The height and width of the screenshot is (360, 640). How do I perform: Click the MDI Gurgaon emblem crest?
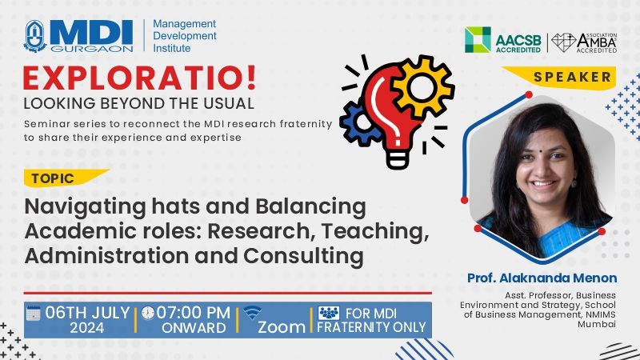click(x=35, y=36)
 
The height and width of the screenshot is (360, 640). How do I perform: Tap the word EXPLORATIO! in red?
click(x=139, y=78)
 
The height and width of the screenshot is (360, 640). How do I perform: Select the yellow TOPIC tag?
click(x=66, y=178)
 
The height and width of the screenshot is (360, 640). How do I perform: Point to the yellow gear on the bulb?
click(x=422, y=87)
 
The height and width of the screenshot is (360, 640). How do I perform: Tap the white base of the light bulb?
click(x=398, y=158)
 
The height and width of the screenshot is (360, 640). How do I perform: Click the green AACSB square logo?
click(x=478, y=39)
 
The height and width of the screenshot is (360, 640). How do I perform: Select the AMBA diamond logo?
click(x=564, y=42)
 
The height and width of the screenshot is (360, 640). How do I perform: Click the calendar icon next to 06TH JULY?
click(x=33, y=313)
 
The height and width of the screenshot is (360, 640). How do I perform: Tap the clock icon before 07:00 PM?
click(x=148, y=313)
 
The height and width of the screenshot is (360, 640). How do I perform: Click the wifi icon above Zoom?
click(x=253, y=313)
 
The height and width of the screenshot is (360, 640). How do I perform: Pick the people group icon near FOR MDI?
click(x=329, y=313)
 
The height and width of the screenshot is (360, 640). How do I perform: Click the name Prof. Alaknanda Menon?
click(x=542, y=278)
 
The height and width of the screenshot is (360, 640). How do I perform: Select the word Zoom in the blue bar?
click(x=282, y=327)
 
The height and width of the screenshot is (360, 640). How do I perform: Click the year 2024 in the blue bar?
click(x=87, y=328)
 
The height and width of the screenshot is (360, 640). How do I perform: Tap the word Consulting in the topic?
click(x=303, y=256)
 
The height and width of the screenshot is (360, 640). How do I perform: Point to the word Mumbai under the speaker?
click(x=596, y=324)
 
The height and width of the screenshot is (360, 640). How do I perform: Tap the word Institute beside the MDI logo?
click(x=172, y=48)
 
